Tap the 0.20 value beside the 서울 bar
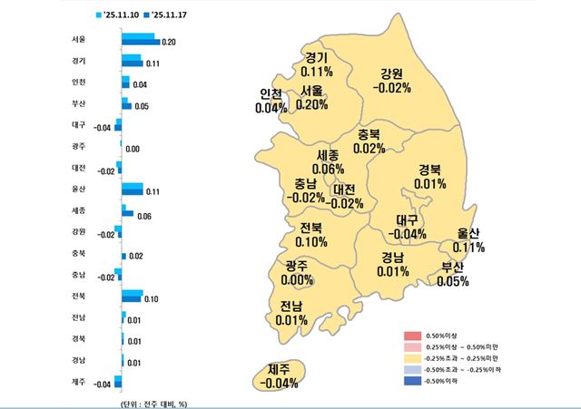[x=170, y=43]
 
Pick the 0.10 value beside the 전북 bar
[x=152, y=298]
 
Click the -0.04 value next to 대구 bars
[x=103, y=127]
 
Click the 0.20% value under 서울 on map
[x=312, y=105]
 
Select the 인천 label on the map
[x=271, y=93]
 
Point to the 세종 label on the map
[x=329, y=155]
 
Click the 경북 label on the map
[x=429, y=170]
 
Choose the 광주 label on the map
[x=295, y=266]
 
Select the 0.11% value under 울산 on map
[x=469, y=248]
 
